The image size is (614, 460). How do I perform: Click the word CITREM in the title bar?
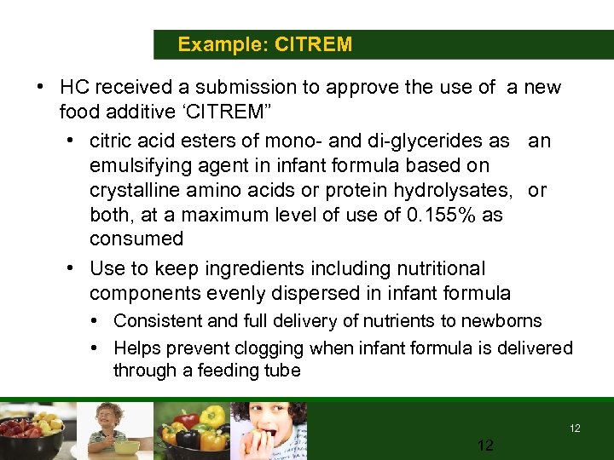[313, 44]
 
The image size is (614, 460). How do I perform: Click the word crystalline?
[137, 190]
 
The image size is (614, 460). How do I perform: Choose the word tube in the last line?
[283, 371]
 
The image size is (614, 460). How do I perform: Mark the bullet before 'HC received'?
[40, 88]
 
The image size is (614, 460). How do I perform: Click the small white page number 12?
[575, 428]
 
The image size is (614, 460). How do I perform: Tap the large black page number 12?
[486, 445]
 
